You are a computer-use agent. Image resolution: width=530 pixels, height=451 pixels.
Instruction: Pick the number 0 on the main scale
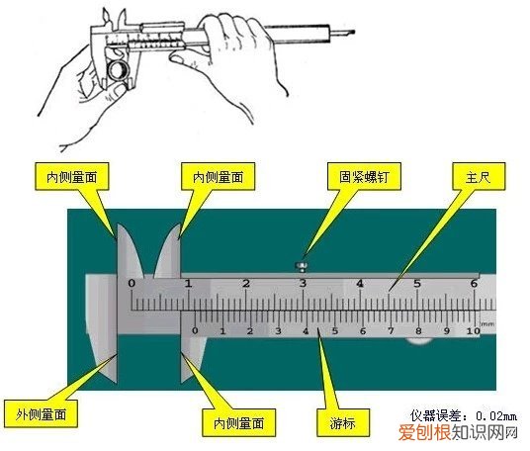132,283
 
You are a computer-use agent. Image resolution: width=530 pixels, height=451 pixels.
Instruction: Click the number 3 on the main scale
303,283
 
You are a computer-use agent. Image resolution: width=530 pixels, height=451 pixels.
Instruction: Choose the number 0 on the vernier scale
195,331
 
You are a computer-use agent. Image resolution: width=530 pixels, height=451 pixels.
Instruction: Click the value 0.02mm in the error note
493,417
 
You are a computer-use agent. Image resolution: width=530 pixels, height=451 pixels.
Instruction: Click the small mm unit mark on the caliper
486,322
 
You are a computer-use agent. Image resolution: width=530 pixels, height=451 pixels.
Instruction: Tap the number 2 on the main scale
245,283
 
